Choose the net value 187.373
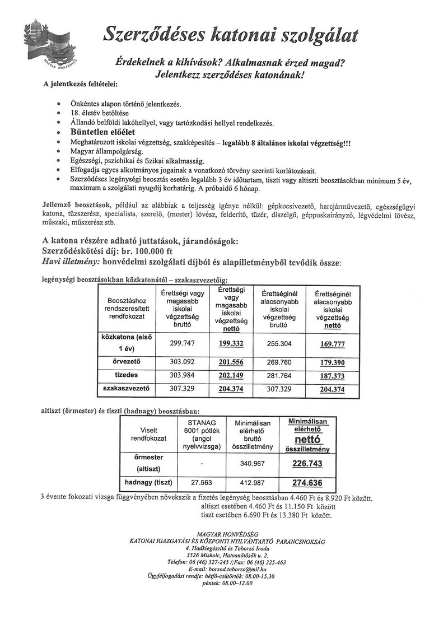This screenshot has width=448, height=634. (x=332, y=375)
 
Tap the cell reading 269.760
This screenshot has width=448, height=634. (x=278, y=362)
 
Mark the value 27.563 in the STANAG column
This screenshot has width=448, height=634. (x=201, y=482)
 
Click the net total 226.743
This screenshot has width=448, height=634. (x=307, y=464)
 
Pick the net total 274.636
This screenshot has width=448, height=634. (x=307, y=482)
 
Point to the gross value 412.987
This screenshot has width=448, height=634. (x=253, y=482)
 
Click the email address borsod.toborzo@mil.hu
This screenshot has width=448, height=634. (x=242, y=568)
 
